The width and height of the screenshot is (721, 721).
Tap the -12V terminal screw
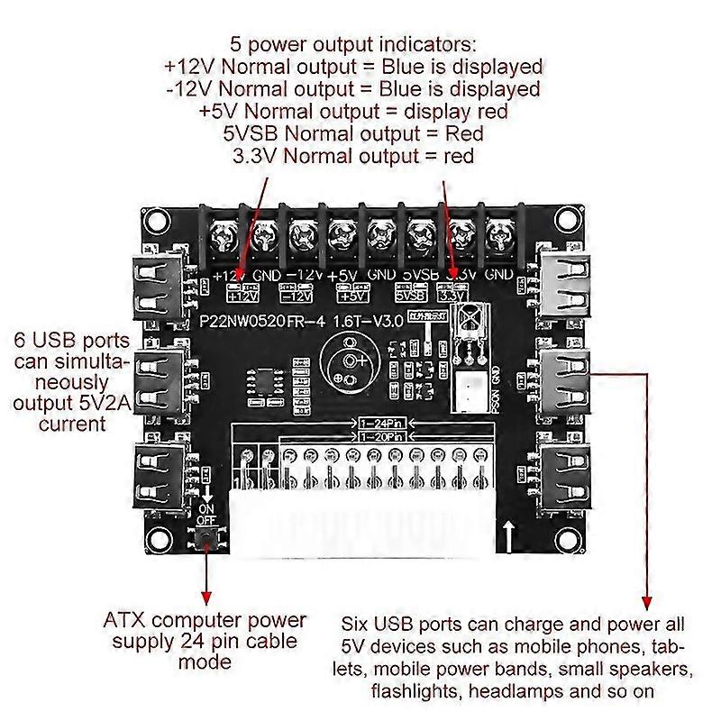coord(300,239)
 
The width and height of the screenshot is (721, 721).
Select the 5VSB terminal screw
coord(420,239)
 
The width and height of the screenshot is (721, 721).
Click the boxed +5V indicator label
coord(353,293)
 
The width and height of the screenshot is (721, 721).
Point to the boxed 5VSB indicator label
coord(410,293)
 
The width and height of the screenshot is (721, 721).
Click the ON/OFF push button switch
coord(207,540)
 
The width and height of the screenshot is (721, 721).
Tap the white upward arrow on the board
coord(511,535)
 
